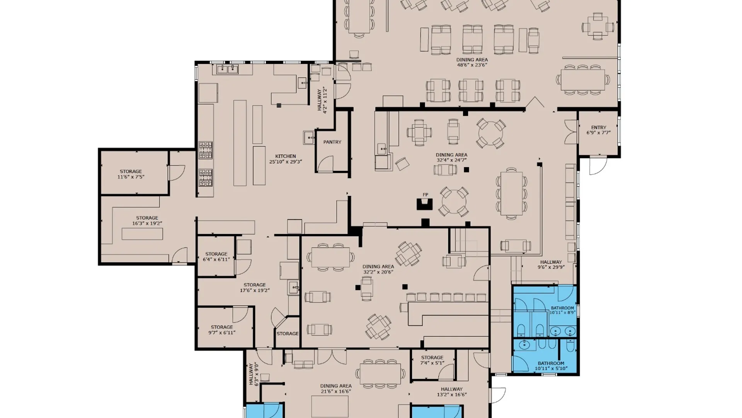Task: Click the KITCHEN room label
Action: (x=286, y=159)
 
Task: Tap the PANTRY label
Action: (x=332, y=142)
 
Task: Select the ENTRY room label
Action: (x=599, y=130)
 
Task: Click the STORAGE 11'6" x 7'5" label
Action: (x=131, y=174)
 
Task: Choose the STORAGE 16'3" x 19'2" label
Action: (x=147, y=221)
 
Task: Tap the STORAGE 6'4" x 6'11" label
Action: (x=216, y=257)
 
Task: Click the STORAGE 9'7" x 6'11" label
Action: (x=222, y=330)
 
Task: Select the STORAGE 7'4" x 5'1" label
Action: (x=432, y=360)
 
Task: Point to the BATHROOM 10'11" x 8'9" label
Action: (x=562, y=310)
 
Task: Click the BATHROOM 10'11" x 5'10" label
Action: (x=551, y=366)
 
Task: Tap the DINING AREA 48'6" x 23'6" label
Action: (x=472, y=62)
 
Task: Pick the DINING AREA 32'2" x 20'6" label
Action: (x=378, y=269)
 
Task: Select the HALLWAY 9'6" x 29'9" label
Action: (x=551, y=264)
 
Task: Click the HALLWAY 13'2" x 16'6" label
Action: (x=452, y=392)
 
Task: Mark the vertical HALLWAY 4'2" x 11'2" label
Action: (x=322, y=100)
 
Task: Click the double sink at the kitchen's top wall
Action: (x=227, y=69)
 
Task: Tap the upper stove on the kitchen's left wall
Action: (x=206, y=150)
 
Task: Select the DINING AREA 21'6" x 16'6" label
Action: (x=336, y=389)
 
